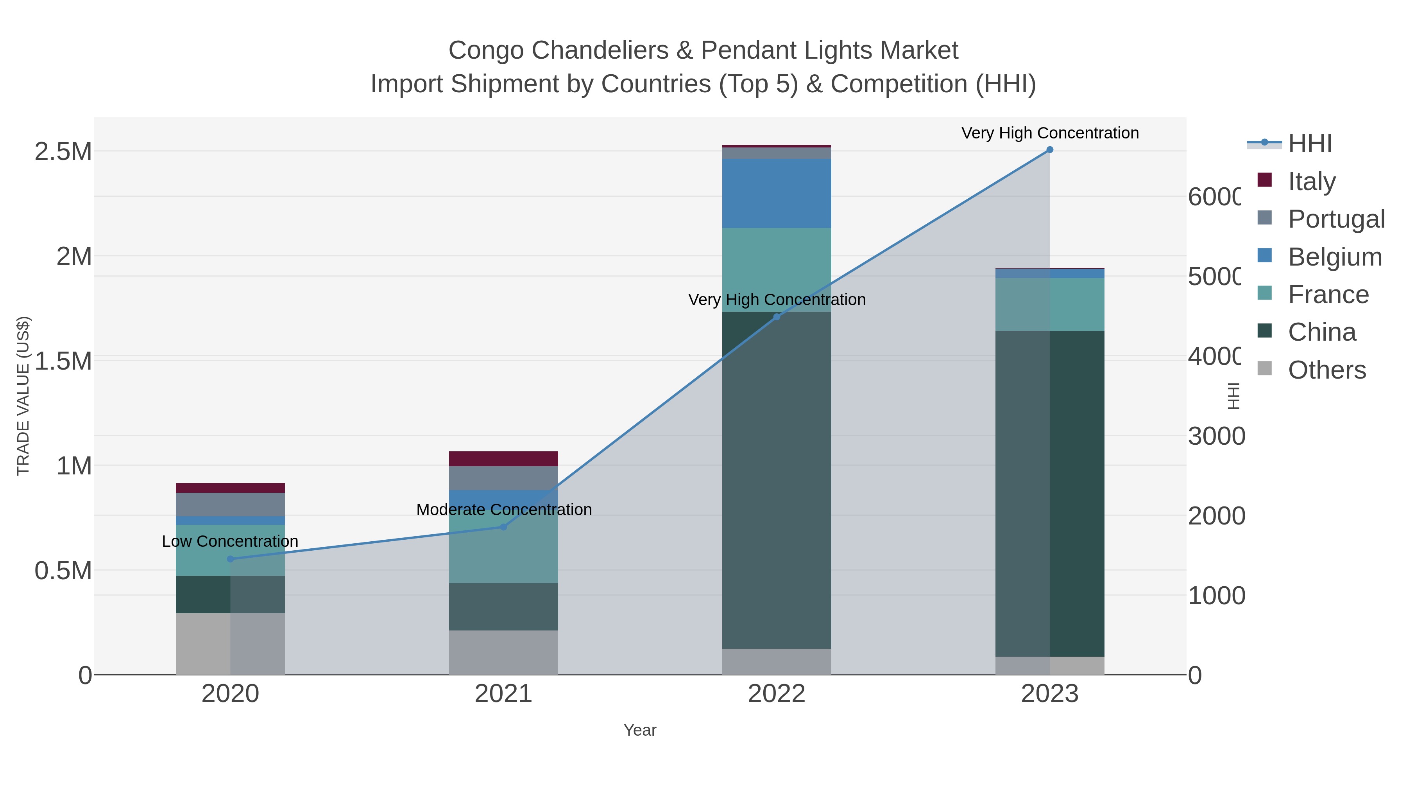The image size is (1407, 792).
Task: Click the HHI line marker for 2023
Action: (x=1049, y=150)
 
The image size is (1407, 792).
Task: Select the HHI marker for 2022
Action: (x=777, y=317)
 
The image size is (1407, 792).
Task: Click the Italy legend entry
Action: (x=1311, y=181)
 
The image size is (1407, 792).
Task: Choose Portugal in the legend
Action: (x=1335, y=219)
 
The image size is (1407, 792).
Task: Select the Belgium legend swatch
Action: (x=1264, y=256)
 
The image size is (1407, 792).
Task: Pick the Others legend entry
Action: (x=1326, y=370)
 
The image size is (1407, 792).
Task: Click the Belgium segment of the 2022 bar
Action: (x=777, y=194)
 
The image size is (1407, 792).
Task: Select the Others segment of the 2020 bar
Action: (x=230, y=643)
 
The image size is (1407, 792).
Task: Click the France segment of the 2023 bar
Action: (x=1049, y=304)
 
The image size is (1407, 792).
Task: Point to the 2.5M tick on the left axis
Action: (x=63, y=151)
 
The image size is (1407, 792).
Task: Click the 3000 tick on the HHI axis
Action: (x=1216, y=436)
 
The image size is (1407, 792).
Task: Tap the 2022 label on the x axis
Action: (x=776, y=694)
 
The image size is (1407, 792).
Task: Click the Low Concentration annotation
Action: (x=230, y=541)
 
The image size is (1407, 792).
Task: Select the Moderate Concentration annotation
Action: (x=504, y=509)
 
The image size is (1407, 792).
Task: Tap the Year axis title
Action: (x=639, y=730)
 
